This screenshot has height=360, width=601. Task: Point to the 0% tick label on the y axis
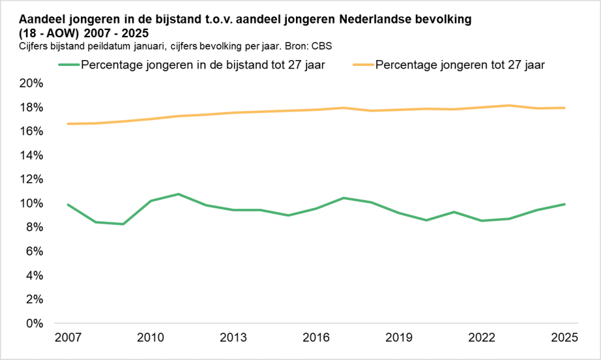35,323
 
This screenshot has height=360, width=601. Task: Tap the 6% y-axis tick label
35,252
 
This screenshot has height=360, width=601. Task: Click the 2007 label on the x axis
68,338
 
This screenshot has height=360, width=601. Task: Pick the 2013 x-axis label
233,338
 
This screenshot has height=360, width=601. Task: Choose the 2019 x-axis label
399,338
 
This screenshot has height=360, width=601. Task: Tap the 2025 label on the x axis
564,338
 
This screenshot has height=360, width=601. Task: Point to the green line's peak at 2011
178,194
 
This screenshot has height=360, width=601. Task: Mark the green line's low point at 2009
123,224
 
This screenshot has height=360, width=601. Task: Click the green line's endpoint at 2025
564,205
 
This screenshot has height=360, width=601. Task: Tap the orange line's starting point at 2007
68,123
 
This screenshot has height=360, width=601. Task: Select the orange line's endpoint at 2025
564,108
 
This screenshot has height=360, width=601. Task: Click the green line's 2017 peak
344,198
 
